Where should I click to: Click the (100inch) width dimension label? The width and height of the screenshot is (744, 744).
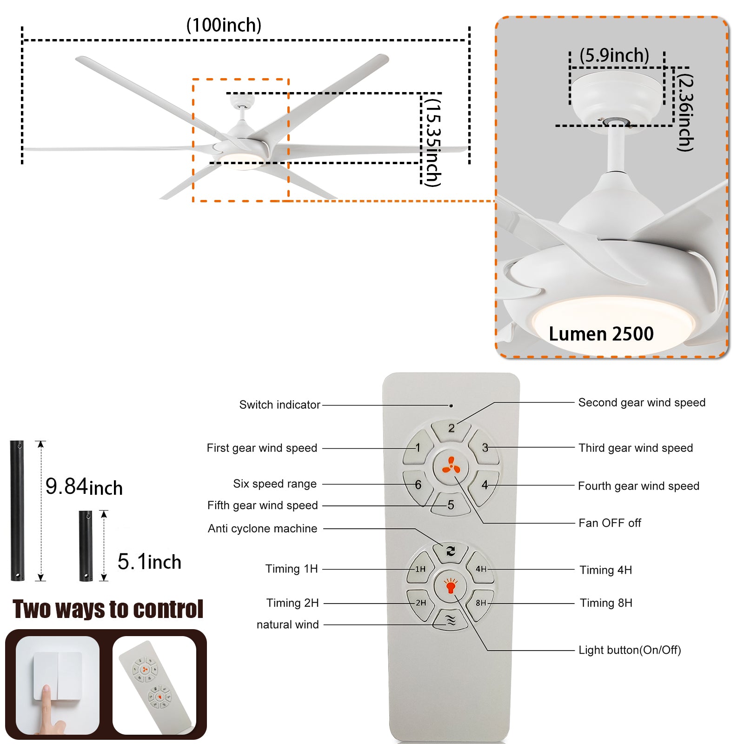pos(224,25)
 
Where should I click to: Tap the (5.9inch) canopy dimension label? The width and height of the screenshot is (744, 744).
pos(614,55)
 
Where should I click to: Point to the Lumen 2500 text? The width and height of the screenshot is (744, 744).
pos(601,334)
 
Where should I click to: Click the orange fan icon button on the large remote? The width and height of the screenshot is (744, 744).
pos(451,465)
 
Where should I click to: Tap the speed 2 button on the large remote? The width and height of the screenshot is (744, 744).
pos(451,429)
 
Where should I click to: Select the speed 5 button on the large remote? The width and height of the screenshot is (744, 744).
pos(451,505)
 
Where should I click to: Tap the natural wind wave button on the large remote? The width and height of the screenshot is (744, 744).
pos(451,620)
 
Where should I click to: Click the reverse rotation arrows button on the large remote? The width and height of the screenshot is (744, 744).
pos(451,551)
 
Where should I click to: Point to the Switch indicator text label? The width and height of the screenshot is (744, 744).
pos(279,405)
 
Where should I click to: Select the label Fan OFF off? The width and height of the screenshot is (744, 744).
pos(610,523)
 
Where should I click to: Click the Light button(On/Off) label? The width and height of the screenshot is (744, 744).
pos(630,650)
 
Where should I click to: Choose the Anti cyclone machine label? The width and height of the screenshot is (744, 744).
pos(262,529)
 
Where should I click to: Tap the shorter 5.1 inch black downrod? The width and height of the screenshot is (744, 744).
pos(86,546)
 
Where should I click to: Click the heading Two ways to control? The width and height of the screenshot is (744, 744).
pos(108,610)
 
